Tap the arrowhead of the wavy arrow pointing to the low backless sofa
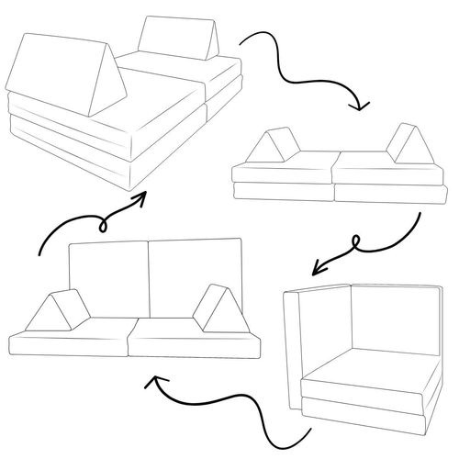coord(361,104)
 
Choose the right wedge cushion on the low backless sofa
coord(405,143)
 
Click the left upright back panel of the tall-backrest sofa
coord(108,275)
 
